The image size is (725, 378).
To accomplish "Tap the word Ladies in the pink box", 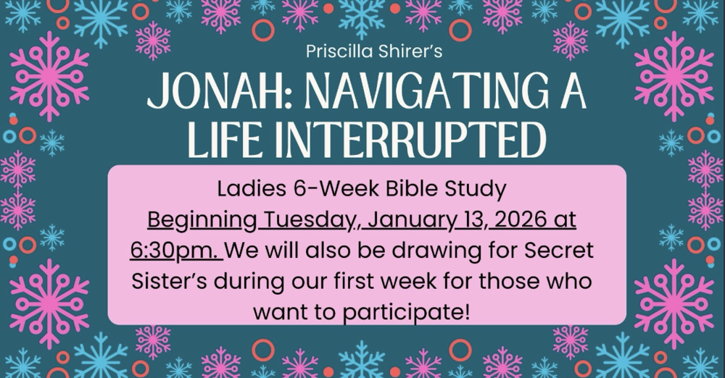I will (x=244, y=190).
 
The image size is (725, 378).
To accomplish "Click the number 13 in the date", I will (x=463, y=219).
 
